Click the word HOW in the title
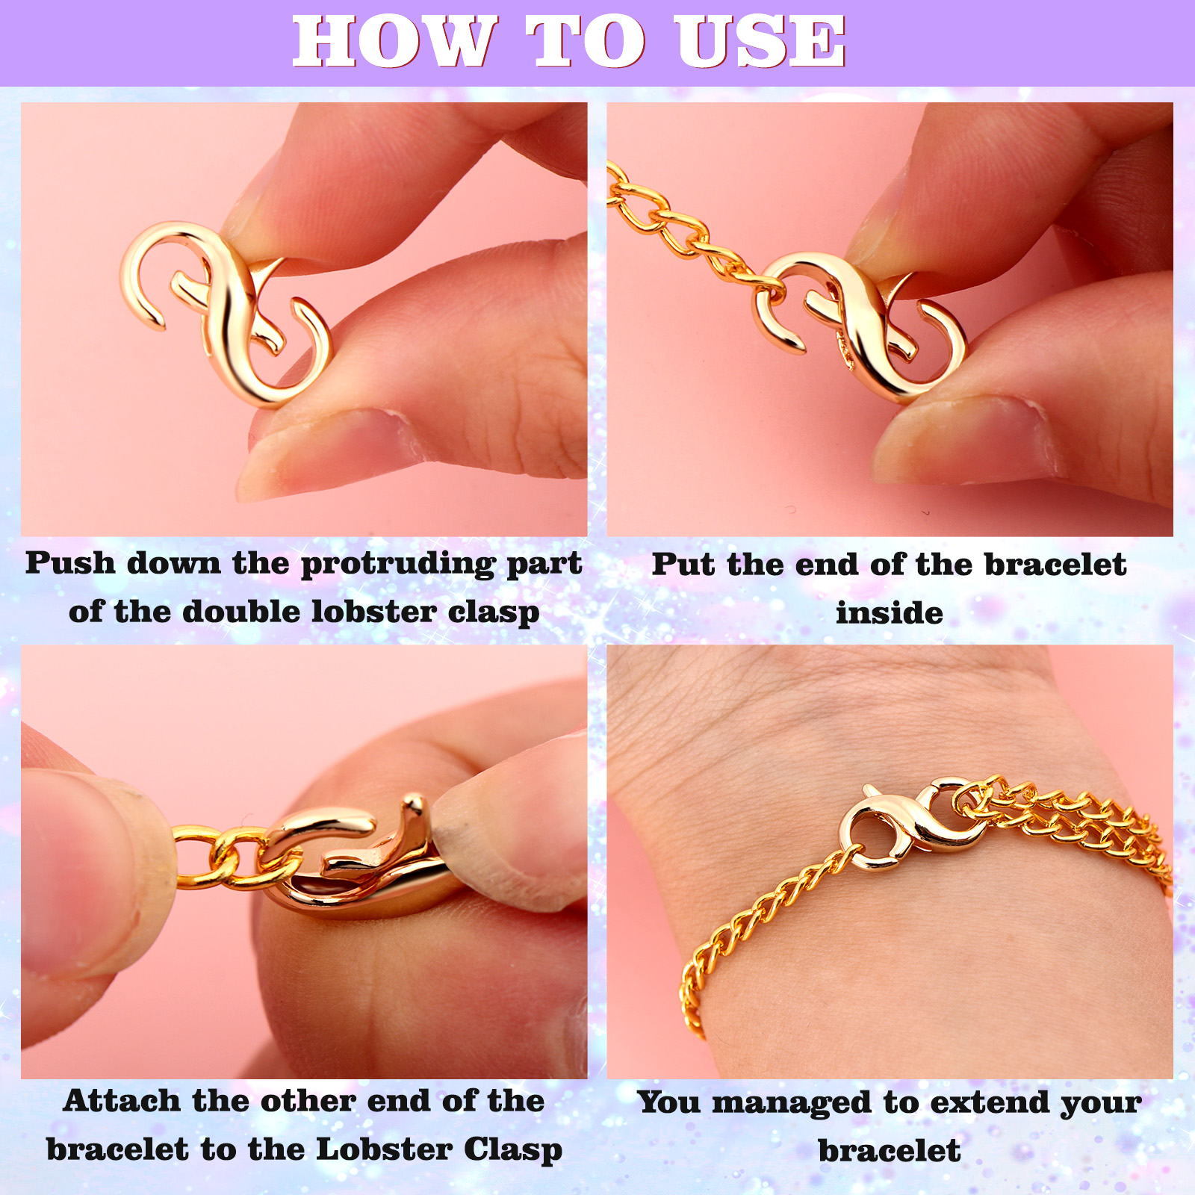tap(394, 42)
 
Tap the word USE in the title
tap(760, 42)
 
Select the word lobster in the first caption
tap(374, 612)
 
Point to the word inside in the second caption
tap(890, 613)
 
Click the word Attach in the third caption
tap(122, 1101)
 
